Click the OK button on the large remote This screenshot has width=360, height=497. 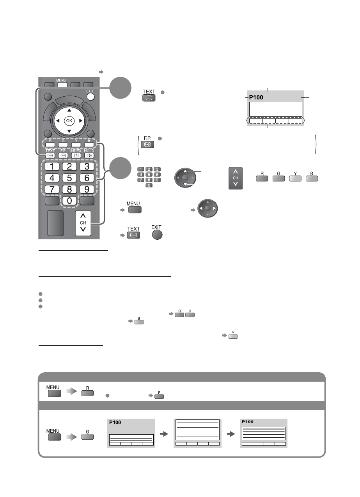pos(69,120)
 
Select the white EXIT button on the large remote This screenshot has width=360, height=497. pos(90,96)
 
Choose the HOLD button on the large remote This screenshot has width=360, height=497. pos(89,155)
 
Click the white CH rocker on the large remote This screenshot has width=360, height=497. pos(83,223)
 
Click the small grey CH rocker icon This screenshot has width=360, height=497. pos(236,178)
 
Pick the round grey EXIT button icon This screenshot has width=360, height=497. pos(156,235)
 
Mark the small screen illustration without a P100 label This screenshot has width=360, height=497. pos(197,433)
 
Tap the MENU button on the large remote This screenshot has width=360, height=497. pos(64,85)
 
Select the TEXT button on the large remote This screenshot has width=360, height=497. pos(50,155)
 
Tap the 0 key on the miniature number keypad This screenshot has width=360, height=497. pos(149,186)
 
